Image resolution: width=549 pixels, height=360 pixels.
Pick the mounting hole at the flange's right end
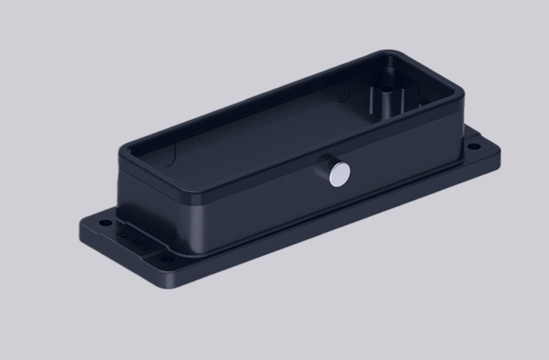pos(472,147)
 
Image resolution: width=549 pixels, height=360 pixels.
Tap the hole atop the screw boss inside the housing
pos(388,88)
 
